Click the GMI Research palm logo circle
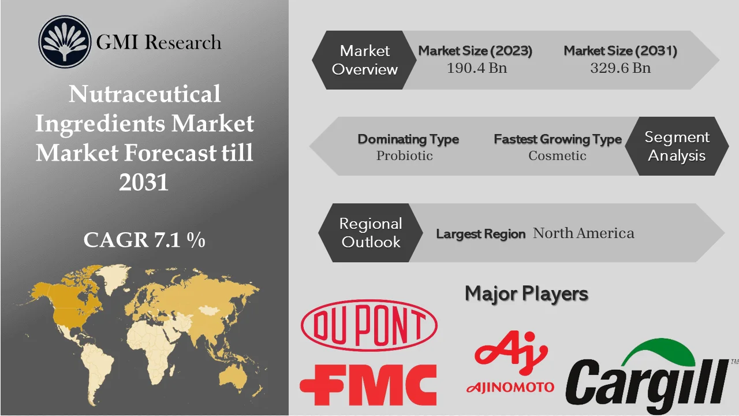(x=65, y=42)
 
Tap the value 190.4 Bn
(x=476, y=68)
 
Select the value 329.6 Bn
(x=620, y=68)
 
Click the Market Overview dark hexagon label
(x=365, y=60)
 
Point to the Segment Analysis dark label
(x=677, y=146)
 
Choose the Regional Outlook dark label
(x=370, y=232)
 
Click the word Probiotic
(x=404, y=155)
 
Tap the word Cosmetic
(x=557, y=155)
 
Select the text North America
(x=583, y=233)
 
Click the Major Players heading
(x=526, y=294)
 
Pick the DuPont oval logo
(x=369, y=326)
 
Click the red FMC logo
(x=368, y=384)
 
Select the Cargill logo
(x=647, y=378)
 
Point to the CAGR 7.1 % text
(x=144, y=240)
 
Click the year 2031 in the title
(x=144, y=183)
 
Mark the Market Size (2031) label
(x=620, y=51)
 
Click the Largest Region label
(x=480, y=234)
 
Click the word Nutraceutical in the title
(x=144, y=94)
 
